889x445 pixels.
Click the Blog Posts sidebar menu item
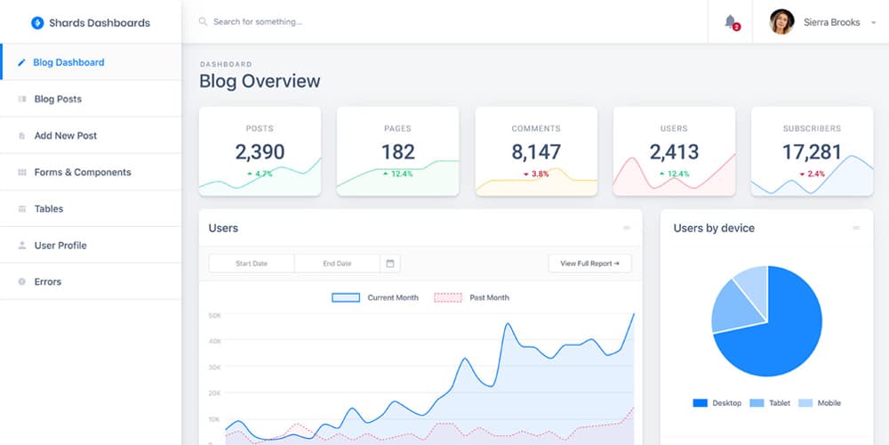point(58,99)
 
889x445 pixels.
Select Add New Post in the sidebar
point(65,135)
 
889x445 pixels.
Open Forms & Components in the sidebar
point(82,172)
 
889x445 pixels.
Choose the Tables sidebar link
point(49,208)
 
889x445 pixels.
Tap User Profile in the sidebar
point(60,245)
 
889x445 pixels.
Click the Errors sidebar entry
point(48,281)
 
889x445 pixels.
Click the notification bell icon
point(731,21)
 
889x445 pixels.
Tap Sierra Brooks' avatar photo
point(781,21)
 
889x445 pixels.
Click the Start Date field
point(252,263)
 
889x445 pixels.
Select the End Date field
point(337,263)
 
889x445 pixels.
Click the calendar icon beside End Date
point(390,263)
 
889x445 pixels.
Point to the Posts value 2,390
point(260,151)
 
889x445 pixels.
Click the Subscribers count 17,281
point(812,151)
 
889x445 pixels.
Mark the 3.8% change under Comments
point(536,174)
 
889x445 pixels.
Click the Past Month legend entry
point(472,297)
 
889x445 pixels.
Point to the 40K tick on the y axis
point(214,341)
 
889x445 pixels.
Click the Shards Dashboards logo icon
point(37,22)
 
